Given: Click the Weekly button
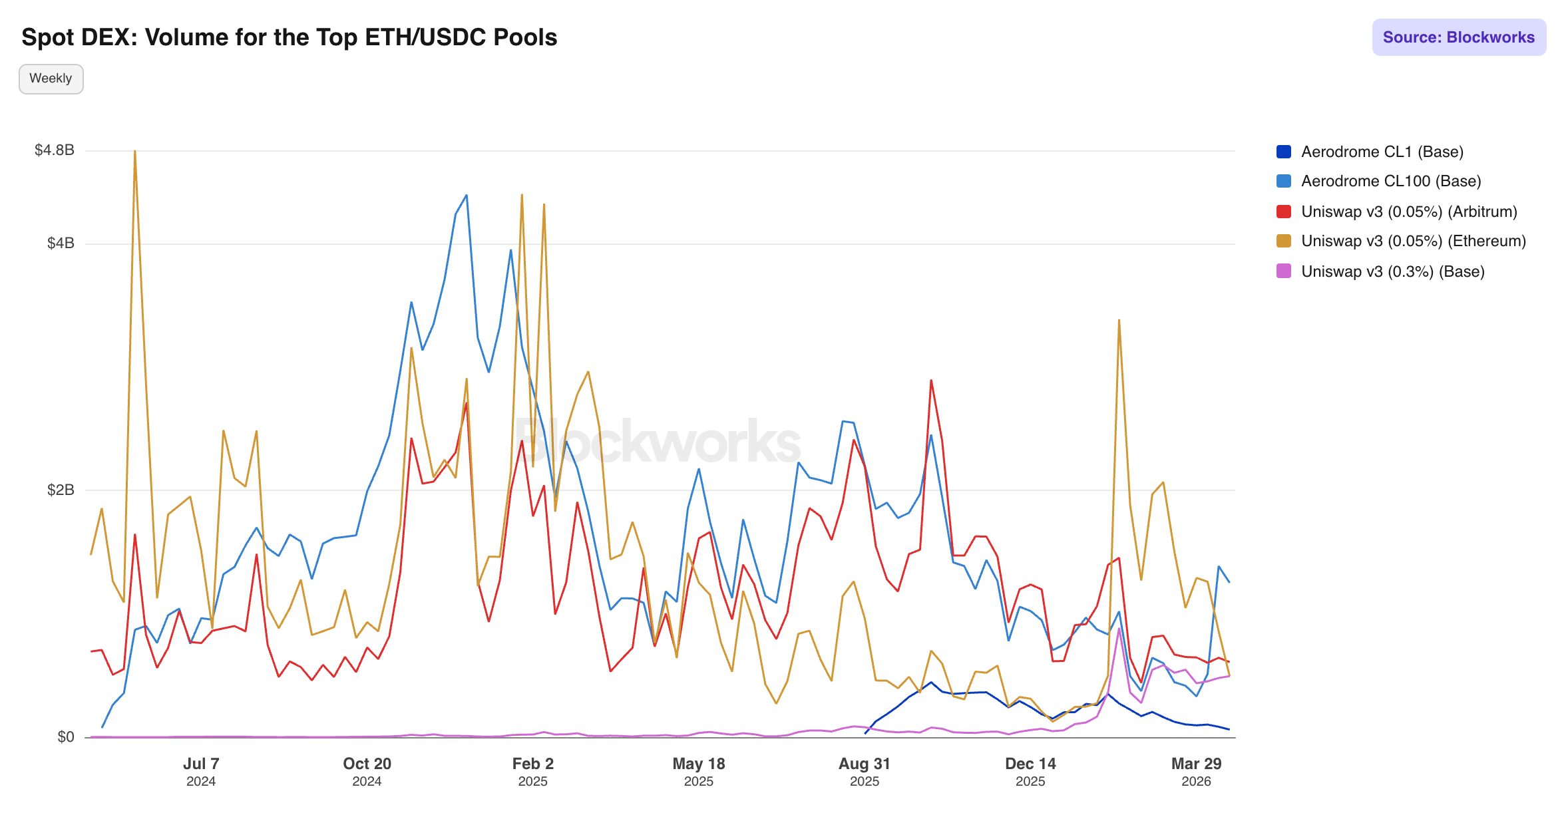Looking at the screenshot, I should [51, 79].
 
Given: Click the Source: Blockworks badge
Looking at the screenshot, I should [1458, 37].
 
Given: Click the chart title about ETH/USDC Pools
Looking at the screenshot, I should [289, 37].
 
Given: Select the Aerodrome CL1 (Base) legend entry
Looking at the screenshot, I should [1382, 152].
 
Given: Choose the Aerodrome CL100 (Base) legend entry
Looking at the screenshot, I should [1390, 181].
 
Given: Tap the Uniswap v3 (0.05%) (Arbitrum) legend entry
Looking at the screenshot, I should [1408, 212].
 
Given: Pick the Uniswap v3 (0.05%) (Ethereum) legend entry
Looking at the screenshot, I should [1413, 241].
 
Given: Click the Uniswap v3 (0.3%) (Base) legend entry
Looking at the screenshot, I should [1392, 271].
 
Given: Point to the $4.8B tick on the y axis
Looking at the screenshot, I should [55, 150].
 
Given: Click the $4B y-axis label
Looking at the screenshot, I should [61, 244].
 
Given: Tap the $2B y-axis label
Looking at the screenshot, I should [61, 490].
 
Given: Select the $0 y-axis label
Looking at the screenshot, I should [66, 737].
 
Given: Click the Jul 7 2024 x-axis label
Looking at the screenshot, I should [201, 771].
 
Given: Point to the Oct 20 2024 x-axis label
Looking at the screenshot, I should [367, 771].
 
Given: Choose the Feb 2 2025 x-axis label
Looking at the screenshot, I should [532, 771].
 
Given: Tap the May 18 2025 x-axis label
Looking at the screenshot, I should [698, 771].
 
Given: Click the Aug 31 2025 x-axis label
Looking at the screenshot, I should [864, 771].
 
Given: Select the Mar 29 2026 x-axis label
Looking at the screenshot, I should [1196, 771].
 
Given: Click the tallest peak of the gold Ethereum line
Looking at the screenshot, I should [135, 151].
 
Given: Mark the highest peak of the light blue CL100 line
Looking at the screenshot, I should [467, 195].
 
